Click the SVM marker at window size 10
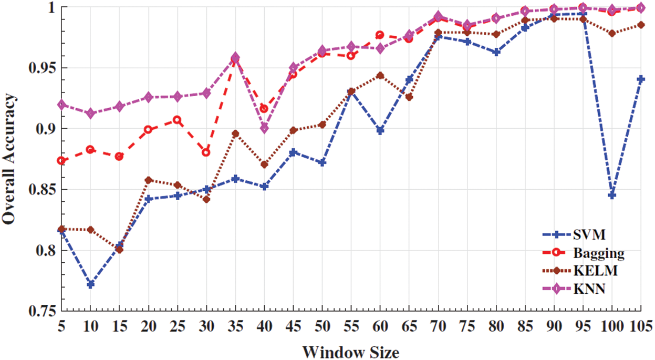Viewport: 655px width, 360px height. pos(90,284)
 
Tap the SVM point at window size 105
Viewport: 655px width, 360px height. pos(640,79)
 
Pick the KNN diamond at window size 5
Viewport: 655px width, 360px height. pos(62,105)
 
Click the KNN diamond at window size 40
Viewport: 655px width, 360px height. pos(264,128)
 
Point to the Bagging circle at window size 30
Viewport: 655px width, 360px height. pos(206,152)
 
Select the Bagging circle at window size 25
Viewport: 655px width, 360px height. pos(178,120)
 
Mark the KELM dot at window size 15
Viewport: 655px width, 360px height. pos(120,250)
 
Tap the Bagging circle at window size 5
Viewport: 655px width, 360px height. pos(62,160)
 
